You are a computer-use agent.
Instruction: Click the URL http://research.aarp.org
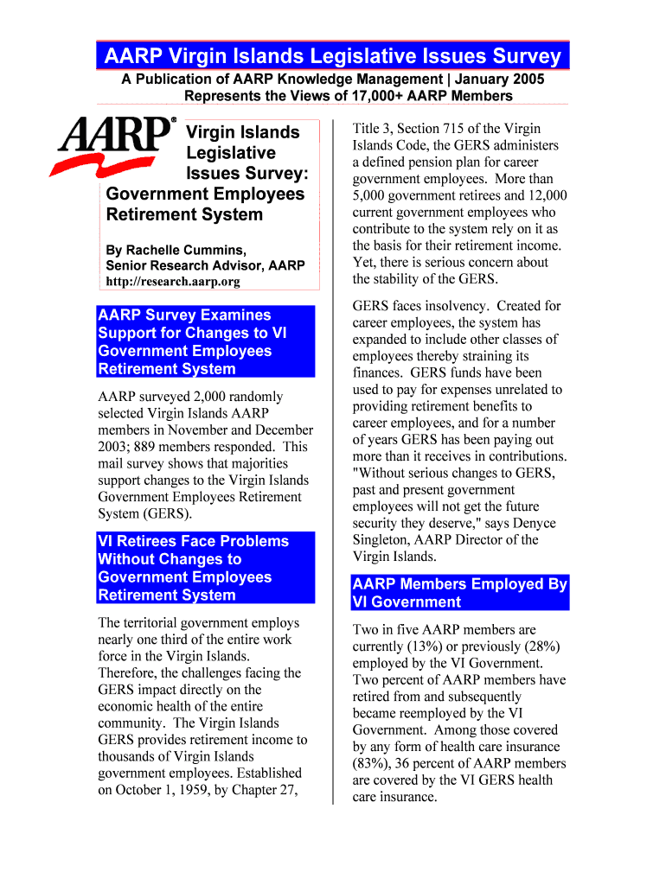173,282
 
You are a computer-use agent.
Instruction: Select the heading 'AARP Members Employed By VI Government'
459,593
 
